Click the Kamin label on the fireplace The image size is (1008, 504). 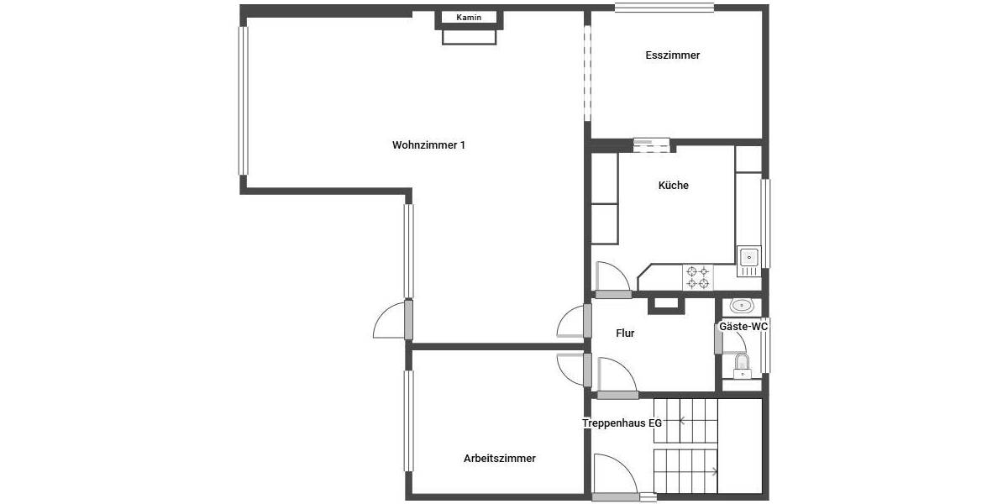[468, 18]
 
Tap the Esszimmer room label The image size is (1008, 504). [673, 55]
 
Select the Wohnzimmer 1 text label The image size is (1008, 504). [428, 145]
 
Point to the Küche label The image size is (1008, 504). [673, 186]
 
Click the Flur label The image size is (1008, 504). [625, 333]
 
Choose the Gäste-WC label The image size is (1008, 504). [743, 327]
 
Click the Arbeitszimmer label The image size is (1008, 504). [499, 459]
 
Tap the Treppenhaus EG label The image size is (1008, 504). [622, 423]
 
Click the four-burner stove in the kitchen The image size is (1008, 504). [696, 277]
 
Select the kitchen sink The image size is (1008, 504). [748, 257]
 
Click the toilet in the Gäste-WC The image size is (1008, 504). [742, 365]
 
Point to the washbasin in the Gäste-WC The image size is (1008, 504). [741, 305]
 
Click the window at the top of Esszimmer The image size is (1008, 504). [664, 8]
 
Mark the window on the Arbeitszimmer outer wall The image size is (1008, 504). [408, 420]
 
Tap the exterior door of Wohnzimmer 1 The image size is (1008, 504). [393, 320]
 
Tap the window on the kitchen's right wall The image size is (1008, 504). [765, 223]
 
